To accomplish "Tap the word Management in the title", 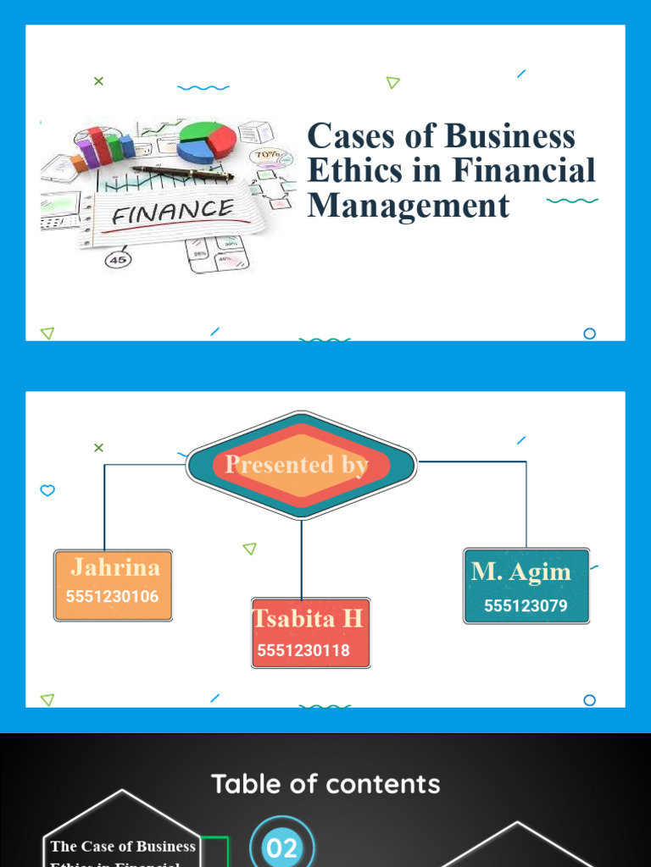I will pyautogui.click(x=409, y=206).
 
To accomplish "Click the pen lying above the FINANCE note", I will pyautogui.click(x=182, y=174).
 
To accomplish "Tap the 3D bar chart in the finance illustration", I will pyautogui.click(x=103, y=149).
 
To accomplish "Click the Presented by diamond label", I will pyautogui.click(x=297, y=465).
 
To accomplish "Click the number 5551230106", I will pyautogui.click(x=112, y=596).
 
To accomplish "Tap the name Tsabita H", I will pyautogui.click(x=309, y=619).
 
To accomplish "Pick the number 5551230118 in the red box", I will pyautogui.click(x=303, y=650).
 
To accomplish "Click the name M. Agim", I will pyautogui.click(x=521, y=572).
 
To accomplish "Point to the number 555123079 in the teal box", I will pyautogui.click(x=526, y=605).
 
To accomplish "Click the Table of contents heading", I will pyautogui.click(x=325, y=784).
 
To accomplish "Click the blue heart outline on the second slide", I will pyautogui.click(x=47, y=490).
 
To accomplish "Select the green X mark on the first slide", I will pyautogui.click(x=98, y=81).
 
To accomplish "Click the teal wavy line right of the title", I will pyautogui.click(x=572, y=201).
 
